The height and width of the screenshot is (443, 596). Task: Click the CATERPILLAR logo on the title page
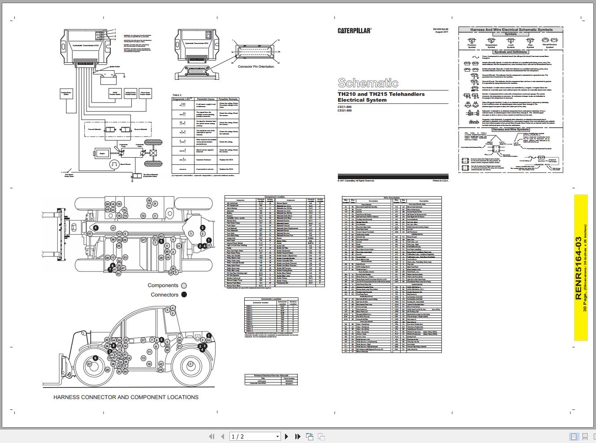tap(354, 30)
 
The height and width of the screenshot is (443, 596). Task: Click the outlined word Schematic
tap(367, 83)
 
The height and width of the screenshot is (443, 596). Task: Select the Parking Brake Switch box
tap(66, 93)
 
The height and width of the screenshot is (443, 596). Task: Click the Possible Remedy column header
tap(229, 99)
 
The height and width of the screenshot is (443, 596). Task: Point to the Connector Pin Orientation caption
tap(256, 67)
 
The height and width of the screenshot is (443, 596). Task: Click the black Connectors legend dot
tap(184, 295)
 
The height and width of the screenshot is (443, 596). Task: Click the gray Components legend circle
tap(184, 285)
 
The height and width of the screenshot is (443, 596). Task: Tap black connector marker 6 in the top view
tap(95, 228)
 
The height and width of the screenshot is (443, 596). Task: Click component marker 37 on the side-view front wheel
tap(89, 364)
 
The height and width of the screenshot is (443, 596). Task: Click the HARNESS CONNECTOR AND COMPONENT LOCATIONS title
tap(126, 397)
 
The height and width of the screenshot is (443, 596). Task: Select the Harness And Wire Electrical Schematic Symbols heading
tap(511, 30)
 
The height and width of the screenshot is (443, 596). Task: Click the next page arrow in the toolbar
tap(287, 436)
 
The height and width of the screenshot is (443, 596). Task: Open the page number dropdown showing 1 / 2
tap(255, 436)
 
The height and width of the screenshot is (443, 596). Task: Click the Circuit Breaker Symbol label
tap(549, 46)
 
